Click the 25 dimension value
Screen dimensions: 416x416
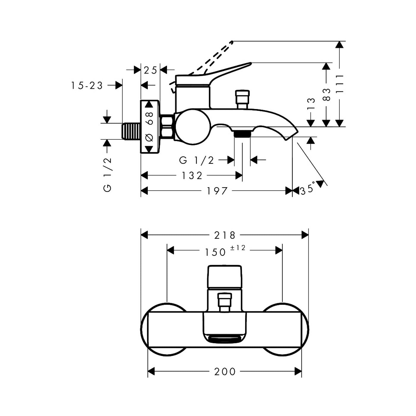point(150,70)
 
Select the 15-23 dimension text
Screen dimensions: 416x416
point(87,86)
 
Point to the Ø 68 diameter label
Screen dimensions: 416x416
point(149,127)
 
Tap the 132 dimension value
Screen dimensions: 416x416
point(192,176)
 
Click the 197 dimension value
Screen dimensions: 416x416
point(217,191)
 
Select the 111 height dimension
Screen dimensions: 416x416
point(340,84)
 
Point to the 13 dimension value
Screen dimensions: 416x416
point(311,104)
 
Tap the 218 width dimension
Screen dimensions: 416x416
point(225,235)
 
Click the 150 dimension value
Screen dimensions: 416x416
point(215,252)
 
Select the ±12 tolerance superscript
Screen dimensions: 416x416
point(238,248)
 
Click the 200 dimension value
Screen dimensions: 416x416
point(225,372)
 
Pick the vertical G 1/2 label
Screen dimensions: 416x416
point(107,174)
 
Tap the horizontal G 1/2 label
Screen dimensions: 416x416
point(196,160)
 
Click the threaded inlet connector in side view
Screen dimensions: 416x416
point(131,131)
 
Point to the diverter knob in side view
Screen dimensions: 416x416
point(243,99)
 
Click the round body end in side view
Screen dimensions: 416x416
point(193,127)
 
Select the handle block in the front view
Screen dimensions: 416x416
point(225,277)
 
